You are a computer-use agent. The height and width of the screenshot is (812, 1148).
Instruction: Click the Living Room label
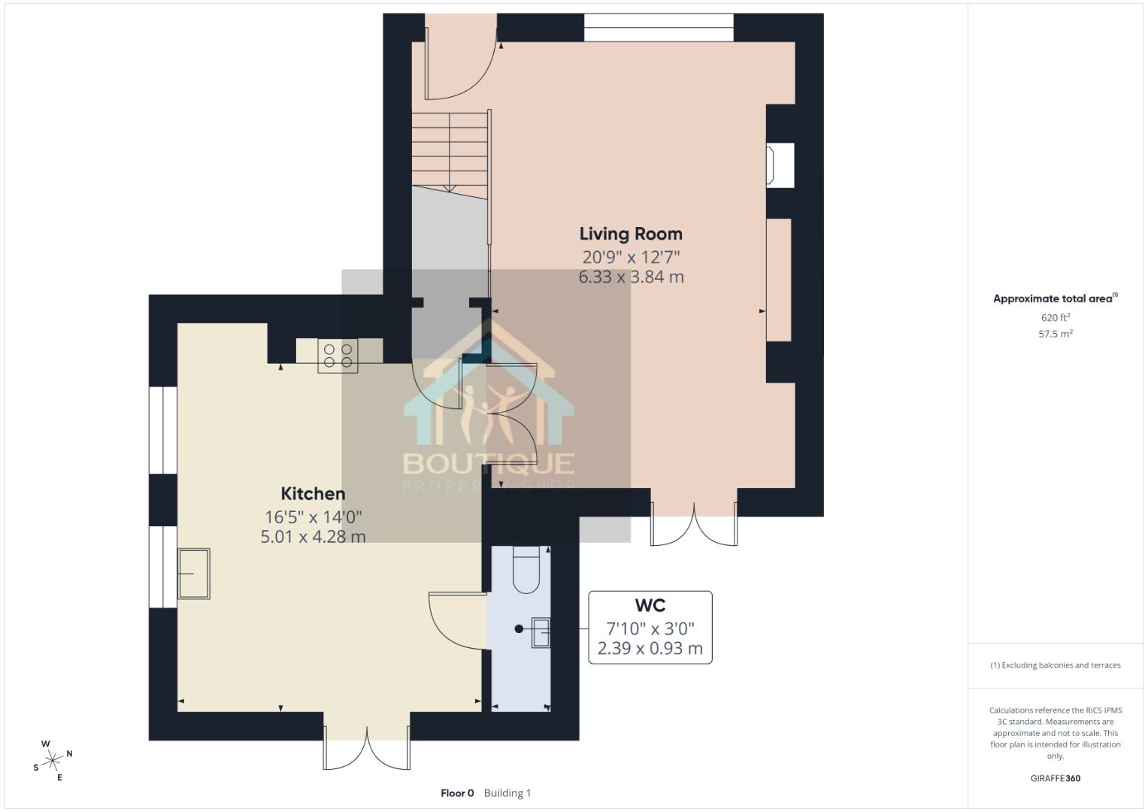pos(630,234)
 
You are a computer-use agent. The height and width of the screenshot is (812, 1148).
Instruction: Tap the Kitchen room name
pos(313,494)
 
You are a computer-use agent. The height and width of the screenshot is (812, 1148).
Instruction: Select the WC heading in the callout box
pos(650,606)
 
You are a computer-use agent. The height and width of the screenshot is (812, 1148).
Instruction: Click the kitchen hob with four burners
pos(338,356)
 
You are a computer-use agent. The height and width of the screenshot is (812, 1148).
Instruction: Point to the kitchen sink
pos(193,574)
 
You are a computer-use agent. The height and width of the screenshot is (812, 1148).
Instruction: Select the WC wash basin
pos(541,632)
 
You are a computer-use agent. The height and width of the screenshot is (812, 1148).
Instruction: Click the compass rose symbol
pos(52,761)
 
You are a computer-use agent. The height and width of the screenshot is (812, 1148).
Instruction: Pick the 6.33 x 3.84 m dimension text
pos(630,277)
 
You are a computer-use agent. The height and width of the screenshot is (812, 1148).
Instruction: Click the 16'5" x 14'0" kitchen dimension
pos(313,517)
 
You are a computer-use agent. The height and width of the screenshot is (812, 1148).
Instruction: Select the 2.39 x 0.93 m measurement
pos(650,648)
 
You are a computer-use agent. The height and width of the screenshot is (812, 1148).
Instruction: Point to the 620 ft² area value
pos(1055,318)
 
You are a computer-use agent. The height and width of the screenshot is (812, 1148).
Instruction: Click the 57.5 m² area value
pos(1055,334)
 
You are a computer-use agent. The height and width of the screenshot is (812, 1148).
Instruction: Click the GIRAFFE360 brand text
pos(1055,778)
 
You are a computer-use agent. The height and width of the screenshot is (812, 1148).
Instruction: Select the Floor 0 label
pos(457,792)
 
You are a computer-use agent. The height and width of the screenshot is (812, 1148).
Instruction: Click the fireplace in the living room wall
pos(778,165)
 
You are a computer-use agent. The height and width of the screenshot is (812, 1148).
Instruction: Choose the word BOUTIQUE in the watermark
pos(489,463)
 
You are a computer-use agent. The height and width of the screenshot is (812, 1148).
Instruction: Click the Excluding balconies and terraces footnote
pos(1055,665)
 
